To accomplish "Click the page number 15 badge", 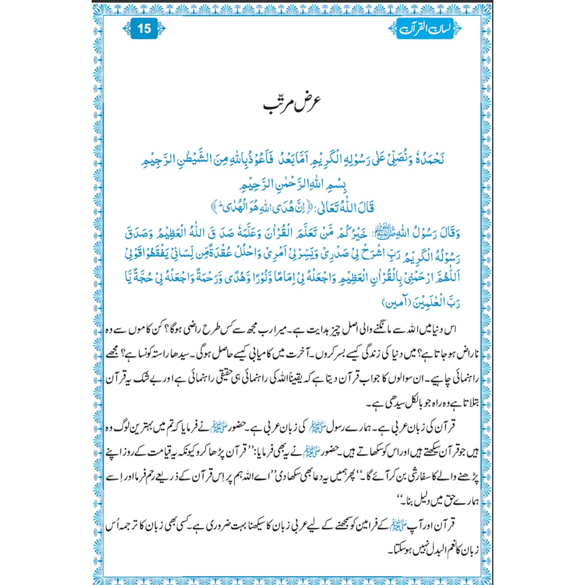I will click(144, 29).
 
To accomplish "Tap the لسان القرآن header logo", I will click(425, 29).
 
